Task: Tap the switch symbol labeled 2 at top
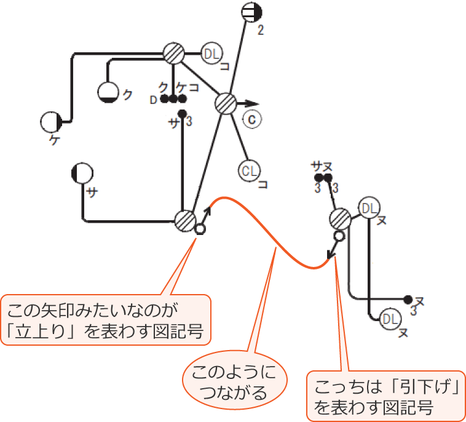click(251, 12)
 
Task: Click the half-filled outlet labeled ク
click(109, 92)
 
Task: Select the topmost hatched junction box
click(175, 54)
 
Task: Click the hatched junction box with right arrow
click(226, 103)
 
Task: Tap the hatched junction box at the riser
click(185, 220)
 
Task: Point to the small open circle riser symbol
click(199, 229)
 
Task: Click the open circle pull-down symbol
click(338, 236)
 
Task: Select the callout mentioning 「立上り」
click(106, 317)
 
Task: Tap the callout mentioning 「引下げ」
click(386, 396)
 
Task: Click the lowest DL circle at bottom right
click(388, 318)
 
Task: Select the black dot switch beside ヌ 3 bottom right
click(408, 300)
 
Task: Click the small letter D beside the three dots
click(154, 100)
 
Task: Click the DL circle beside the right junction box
click(368, 208)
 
